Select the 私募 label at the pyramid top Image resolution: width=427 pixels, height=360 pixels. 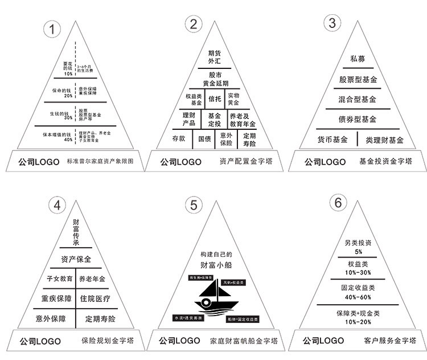pos(357,59)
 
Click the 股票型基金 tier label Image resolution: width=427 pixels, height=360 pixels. pos(357,79)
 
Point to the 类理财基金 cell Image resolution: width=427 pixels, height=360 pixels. pos(384,140)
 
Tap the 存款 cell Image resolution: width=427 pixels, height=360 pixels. pos(178,138)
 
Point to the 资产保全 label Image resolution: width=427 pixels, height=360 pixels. pos(76,259)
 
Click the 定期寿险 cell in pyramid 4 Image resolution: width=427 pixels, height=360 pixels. pos(100,318)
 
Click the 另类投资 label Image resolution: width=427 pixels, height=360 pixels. pos(358,243)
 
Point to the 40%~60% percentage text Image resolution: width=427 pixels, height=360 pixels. pos(358,297)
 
